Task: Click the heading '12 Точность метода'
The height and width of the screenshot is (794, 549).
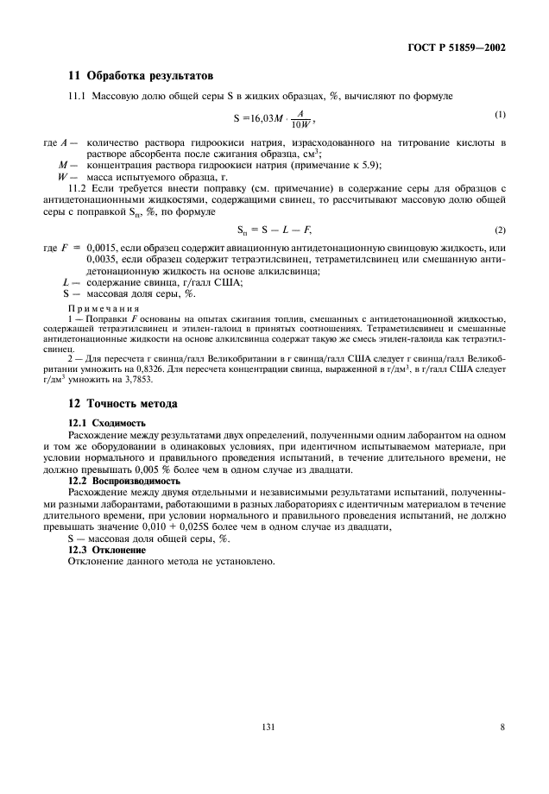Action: tap(124, 403)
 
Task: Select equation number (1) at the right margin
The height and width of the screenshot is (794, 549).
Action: tap(500, 115)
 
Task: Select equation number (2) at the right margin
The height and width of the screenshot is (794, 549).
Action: tap(500, 230)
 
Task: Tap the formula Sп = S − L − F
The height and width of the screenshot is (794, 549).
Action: tap(274, 230)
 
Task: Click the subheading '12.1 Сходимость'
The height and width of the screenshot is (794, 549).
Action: tap(107, 423)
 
